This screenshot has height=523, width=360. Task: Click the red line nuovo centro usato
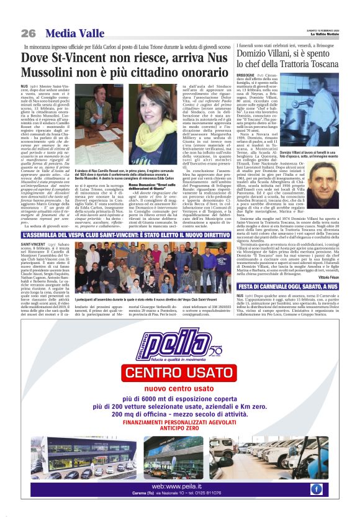coord(180,389)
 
